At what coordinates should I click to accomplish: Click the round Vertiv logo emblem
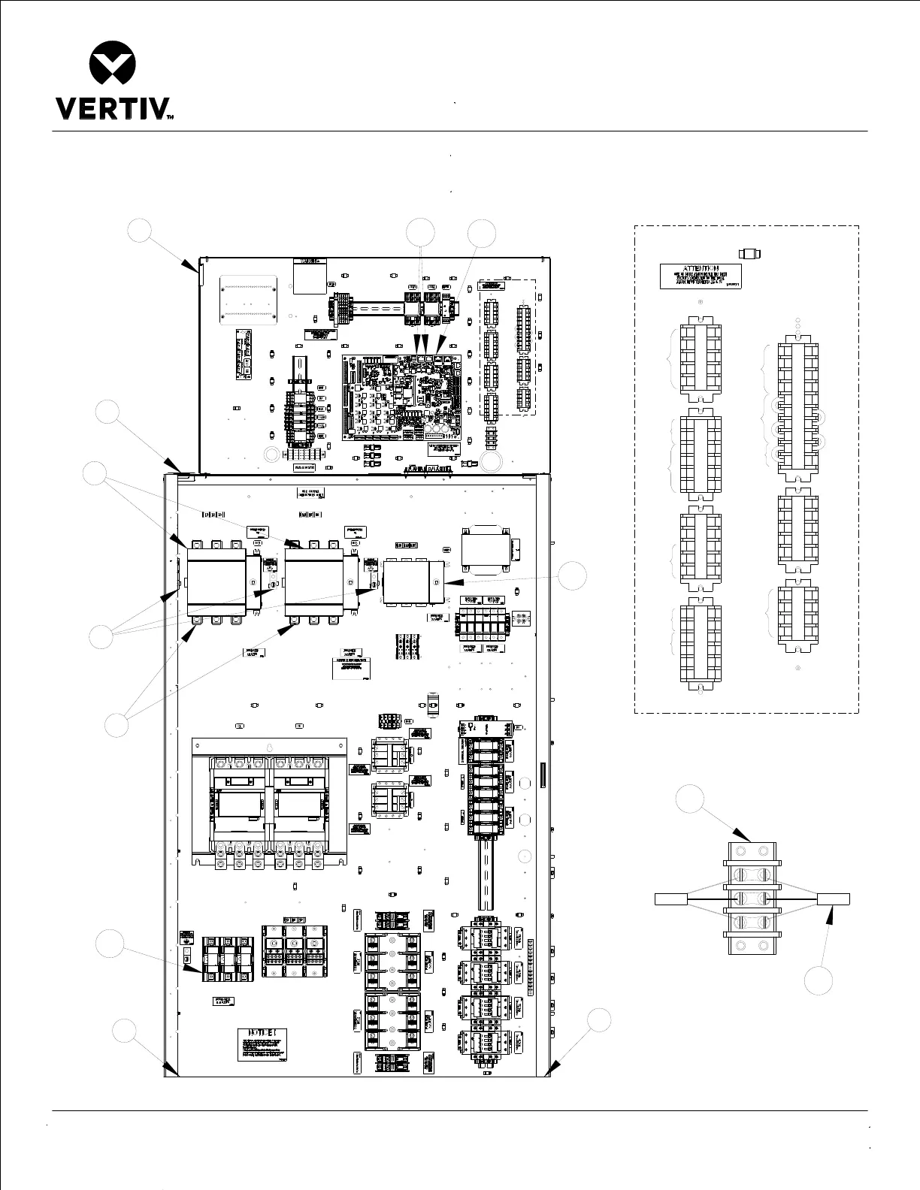tap(112, 63)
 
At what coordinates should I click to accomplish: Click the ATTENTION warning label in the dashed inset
tap(701, 276)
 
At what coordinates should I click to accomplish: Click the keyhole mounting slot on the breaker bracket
tap(270, 748)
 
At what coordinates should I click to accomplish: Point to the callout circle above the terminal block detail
tap(690, 798)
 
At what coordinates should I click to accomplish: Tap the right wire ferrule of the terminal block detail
tap(834, 899)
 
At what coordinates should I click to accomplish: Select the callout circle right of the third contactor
tap(573, 575)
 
